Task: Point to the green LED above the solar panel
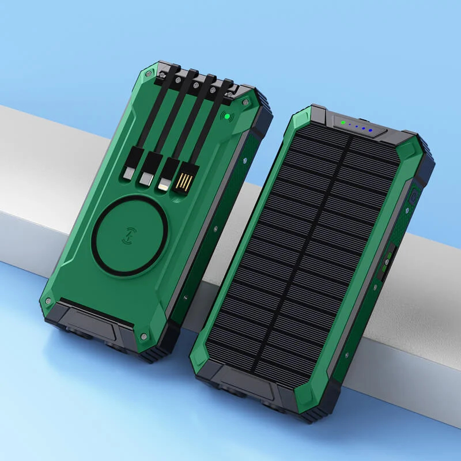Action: [343, 122]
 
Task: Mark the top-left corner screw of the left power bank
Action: [149, 74]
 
